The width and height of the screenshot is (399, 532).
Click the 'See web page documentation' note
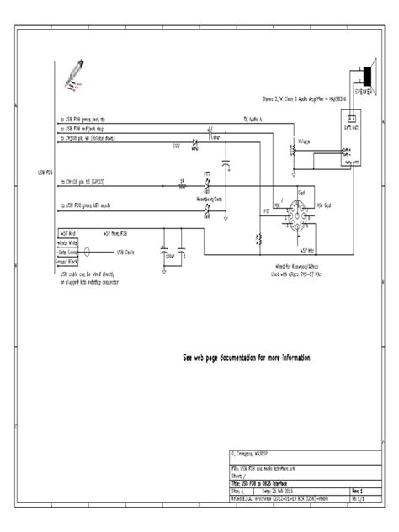pyautogui.click(x=247, y=358)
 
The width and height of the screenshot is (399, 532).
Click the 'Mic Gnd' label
pyautogui.click(x=332, y=205)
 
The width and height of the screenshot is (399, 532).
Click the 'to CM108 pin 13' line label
pyautogui.click(x=93, y=182)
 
